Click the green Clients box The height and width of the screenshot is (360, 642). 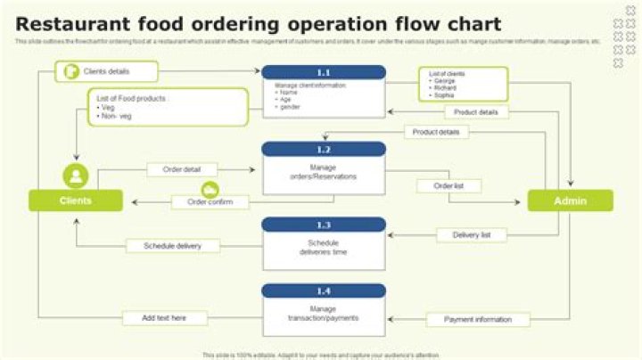point(76,200)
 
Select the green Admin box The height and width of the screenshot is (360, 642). point(570,200)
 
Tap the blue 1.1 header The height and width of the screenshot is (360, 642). point(323,73)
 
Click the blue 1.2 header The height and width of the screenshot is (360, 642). point(323,150)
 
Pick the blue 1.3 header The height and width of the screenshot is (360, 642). point(323,225)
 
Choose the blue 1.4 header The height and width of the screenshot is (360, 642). point(323,290)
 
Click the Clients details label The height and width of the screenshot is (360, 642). point(106,71)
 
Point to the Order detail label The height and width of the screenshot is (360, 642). point(182,169)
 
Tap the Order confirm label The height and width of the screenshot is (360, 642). point(210,202)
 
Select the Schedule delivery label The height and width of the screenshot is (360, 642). point(171,246)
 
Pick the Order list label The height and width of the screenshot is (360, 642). point(448,186)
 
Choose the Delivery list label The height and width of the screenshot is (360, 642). point(472,235)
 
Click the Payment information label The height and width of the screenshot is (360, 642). point(478,319)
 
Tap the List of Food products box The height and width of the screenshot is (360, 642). point(168,107)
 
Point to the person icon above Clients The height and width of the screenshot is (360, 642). point(76,176)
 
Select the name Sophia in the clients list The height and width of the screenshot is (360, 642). point(444,95)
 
